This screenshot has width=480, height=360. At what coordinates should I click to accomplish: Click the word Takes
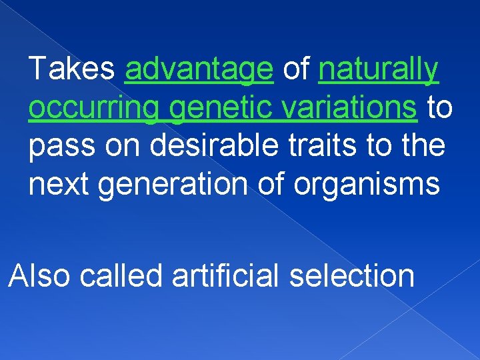pyautogui.click(x=73, y=69)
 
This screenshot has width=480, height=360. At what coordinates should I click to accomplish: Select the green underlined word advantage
pyautogui.click(x=199, y=70)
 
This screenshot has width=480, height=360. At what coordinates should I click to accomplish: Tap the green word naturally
pyautogui.click(x=379, y=70)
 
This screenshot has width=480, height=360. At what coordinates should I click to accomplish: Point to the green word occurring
pyautogui.click(x=94, y=109)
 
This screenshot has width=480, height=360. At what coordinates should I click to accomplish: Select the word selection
pyautogui.click(x=352, y=275)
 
